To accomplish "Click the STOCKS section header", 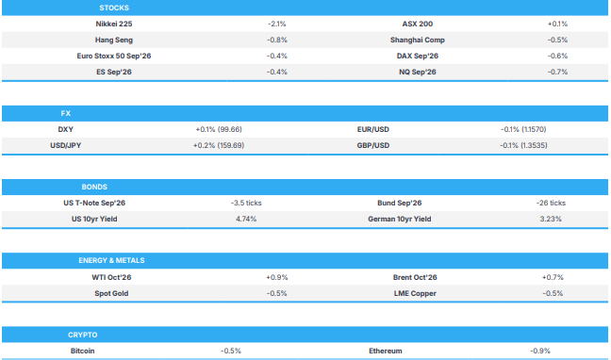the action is coord(114,8).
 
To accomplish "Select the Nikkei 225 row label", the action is coord(114,24).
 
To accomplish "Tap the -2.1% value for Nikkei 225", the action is coord(276,24).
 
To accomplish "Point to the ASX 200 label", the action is coord(418,24).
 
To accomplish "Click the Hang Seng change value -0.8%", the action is coord(276,40).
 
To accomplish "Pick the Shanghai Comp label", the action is coord(418,40).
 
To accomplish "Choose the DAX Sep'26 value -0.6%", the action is coord(557,56).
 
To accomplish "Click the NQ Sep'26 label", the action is coord(418,72).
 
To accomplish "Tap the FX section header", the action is coord(65,113).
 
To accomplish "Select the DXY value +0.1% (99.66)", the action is coord(219,129).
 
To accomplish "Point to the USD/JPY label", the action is coord(65,145).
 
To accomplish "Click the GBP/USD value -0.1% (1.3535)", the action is coord(523,145).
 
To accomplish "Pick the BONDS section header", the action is coord(94,187).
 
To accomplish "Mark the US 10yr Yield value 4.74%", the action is coord(246,219).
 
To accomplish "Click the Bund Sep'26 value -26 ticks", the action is coord(551,203).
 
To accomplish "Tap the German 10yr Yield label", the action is coord(400,219).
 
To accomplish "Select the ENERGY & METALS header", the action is coord(111,260).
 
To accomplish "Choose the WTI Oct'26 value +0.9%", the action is coord(276,277).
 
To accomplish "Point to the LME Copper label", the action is coord(415,293).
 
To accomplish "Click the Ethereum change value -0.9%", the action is coord(540,351).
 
